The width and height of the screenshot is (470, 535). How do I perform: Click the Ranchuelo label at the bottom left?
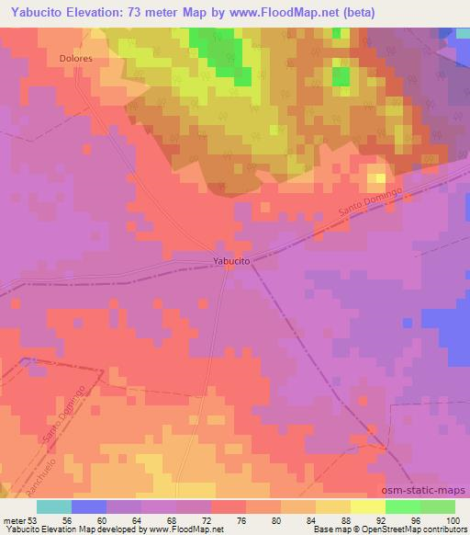click(19, 466)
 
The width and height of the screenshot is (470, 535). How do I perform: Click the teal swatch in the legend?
click(54, 507)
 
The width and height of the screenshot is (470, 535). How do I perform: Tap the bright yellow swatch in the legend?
click(368, 507)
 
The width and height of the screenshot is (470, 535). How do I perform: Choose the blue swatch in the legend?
click(89, 507)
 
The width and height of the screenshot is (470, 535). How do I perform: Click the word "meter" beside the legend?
click(16, 519)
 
